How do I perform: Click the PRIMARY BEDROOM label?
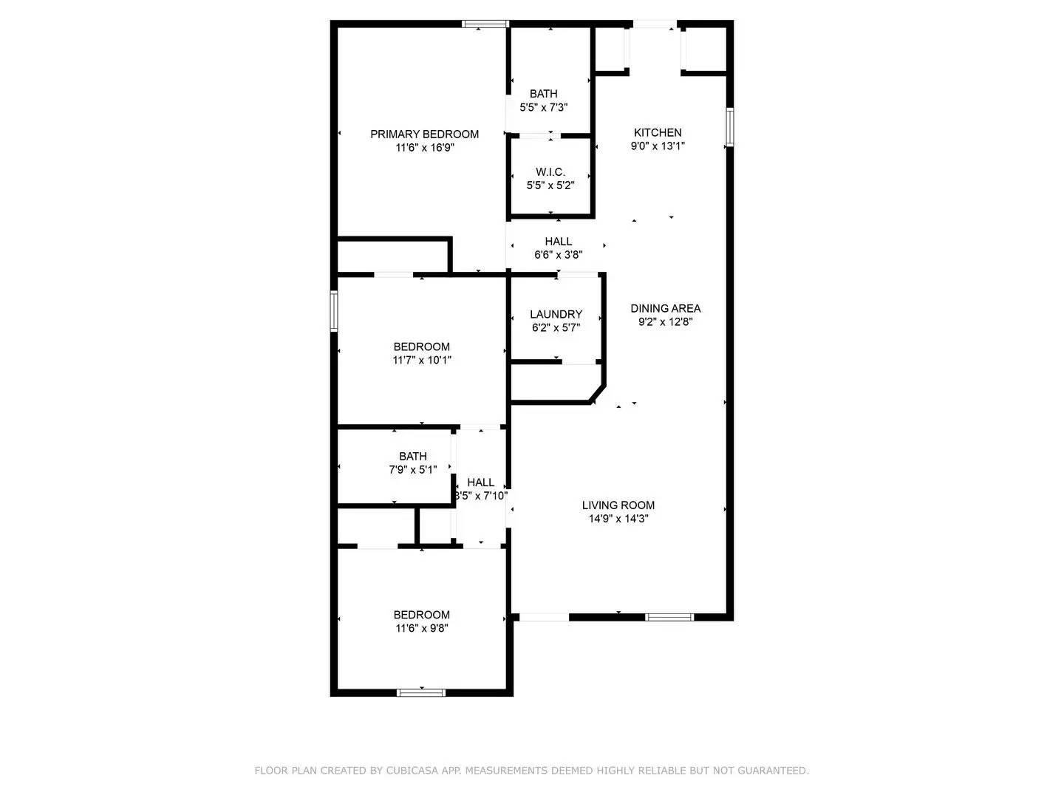[424, 134]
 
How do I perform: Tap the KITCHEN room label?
[658, 132]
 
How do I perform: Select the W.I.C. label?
[550, 172]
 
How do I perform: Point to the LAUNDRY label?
[556, 314]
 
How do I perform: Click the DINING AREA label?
[665, 308]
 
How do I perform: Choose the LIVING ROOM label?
[618, 505]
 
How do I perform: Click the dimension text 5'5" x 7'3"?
[544, 107]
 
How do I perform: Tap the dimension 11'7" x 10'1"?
[422, 361]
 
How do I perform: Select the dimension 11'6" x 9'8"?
[422, 628]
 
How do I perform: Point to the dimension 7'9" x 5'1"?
[413, 469]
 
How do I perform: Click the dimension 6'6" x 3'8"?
[559, 255]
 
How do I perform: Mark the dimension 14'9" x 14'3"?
[618, 519]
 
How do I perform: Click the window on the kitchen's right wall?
[729, 127]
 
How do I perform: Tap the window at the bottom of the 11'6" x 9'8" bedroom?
[421, 692]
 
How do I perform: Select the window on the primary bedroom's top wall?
[485, 24]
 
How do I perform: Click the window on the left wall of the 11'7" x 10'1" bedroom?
[334, 310]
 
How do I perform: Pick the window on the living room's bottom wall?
[669, 617]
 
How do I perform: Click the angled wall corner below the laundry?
[598, 394]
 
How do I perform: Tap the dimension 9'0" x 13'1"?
[658, 146]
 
